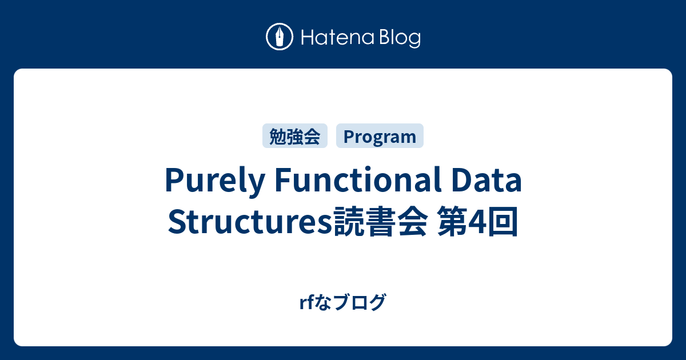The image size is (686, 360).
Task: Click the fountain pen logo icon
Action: pos(280,37)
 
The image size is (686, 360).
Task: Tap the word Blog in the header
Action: pos(400,38)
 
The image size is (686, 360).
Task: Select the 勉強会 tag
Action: pos(295,136)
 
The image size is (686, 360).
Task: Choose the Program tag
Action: pos(380,136)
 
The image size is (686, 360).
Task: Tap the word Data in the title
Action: pos(486,180)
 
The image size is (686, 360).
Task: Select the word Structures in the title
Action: pos(250,221)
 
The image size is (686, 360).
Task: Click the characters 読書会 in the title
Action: pos(380,221)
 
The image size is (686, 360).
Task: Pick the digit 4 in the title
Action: pos(478,222)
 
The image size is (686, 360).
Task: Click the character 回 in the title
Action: pos(503,221)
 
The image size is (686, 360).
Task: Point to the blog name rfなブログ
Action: pos(342,302)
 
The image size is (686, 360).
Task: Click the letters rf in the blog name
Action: pos(306,302)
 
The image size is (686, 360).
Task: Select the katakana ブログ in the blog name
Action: pos(360,302)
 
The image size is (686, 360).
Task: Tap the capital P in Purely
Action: pos(174,179)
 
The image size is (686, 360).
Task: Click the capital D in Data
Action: pos(461,179)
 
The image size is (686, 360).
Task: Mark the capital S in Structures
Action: pos(177,221)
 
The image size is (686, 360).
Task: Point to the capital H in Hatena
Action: pos(308,37)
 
